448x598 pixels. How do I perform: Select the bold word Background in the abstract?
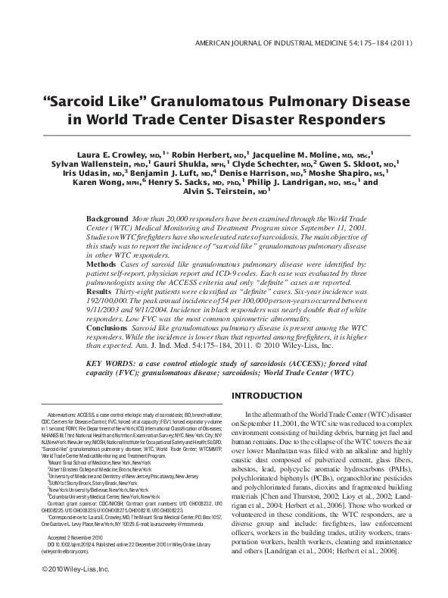107,219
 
